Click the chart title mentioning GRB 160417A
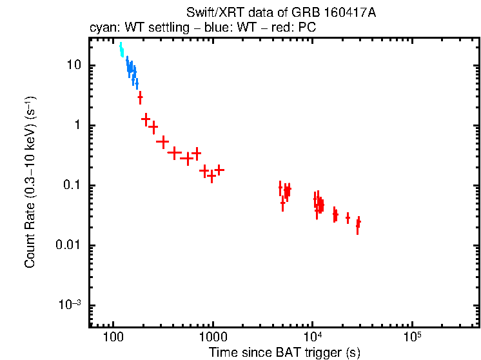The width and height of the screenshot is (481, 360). click(x=281, y=13)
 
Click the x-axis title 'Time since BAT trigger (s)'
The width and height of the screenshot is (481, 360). click(x=284, y=352)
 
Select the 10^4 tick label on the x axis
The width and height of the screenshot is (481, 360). click(x=312, y=337)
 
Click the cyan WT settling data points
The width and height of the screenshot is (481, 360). click(x=121, y=50)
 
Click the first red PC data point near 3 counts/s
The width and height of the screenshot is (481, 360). click(x=140, y=97)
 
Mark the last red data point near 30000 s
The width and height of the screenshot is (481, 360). click(x=358, y=223)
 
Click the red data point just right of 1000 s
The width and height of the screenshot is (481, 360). click(x=219, y=170)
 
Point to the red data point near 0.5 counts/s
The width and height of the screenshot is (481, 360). click(x=163, y=141)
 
